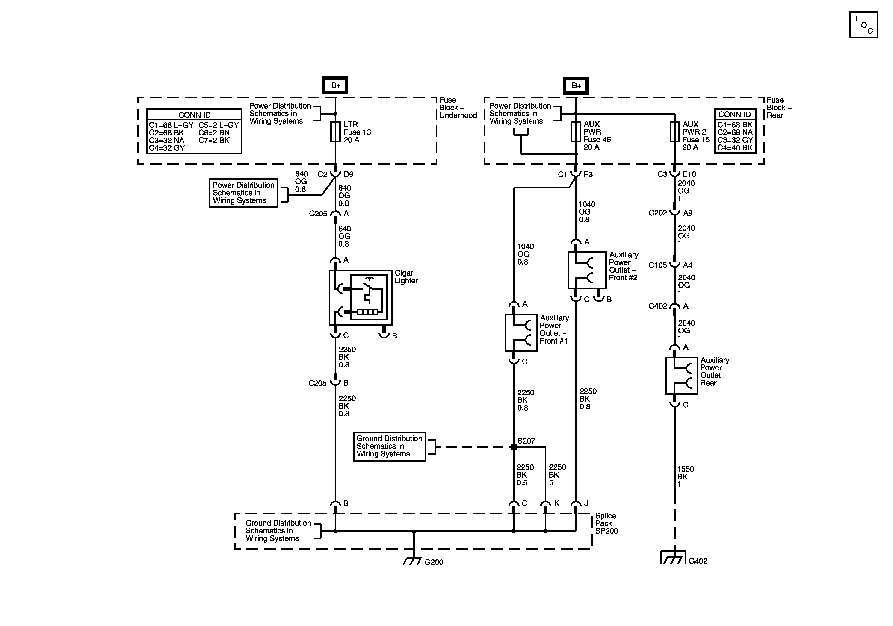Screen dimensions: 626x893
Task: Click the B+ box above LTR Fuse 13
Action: (x=335, y=85)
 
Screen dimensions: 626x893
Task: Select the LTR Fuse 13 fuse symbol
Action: (x=335, y=132)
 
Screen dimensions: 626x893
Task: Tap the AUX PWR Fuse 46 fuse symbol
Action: (x=576, y=132)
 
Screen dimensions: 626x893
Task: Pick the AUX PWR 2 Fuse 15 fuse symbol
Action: (x=674, y=132)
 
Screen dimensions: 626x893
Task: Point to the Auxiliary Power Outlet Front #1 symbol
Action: (x=521, y=332)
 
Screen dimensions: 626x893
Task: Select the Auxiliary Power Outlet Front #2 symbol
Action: (x=587, y=270)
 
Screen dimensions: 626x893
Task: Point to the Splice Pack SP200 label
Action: (x=606, y=523)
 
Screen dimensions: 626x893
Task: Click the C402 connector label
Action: (x=658, y=306)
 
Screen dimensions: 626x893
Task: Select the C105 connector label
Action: (x=658, y=265)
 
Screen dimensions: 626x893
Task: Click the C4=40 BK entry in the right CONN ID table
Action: (x=735, y=148)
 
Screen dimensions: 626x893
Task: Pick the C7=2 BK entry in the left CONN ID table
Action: (x=214, y=140)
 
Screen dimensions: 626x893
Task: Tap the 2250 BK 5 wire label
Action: (x=557, y=475)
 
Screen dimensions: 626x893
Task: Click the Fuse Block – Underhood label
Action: (x=458, y=108)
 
